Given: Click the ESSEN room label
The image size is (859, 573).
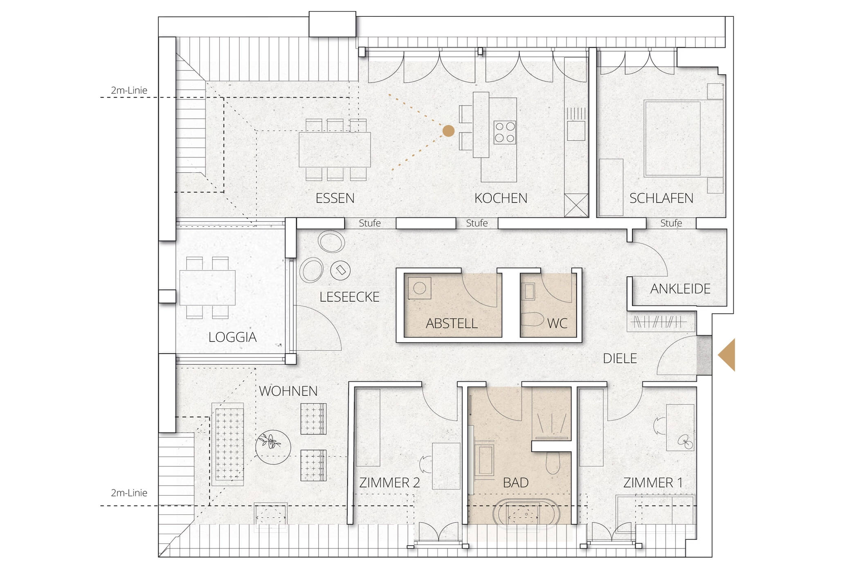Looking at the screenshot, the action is click(335, 199).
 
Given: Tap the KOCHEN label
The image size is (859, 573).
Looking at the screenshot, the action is click(501, 199).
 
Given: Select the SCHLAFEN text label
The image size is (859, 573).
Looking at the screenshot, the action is click(661, 199).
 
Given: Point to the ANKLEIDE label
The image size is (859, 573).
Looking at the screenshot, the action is click(680, 289).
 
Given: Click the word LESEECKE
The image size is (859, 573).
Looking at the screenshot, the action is click(349, 297).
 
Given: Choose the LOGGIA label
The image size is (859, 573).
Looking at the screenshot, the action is click(232, 337).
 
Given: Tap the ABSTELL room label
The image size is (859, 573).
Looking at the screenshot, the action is click(452, 324).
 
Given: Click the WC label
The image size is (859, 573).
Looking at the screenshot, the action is click(557, 324).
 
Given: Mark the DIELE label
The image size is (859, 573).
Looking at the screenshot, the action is click(620, 359).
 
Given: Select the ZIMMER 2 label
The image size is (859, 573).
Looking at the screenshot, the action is click(389, 483).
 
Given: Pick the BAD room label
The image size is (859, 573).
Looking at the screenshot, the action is click(515, 483).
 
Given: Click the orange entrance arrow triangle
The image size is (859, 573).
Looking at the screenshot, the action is click(727, 355).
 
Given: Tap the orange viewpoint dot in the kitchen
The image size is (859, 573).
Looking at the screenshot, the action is click(448, 131).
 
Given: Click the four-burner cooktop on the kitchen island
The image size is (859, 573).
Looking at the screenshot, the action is click(505, 132).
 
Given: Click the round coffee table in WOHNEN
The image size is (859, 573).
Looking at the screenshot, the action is click(273, 447).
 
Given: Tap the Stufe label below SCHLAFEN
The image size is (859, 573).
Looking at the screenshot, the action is click(671, 223).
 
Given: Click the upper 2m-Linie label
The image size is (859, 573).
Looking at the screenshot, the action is click(129, 90).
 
